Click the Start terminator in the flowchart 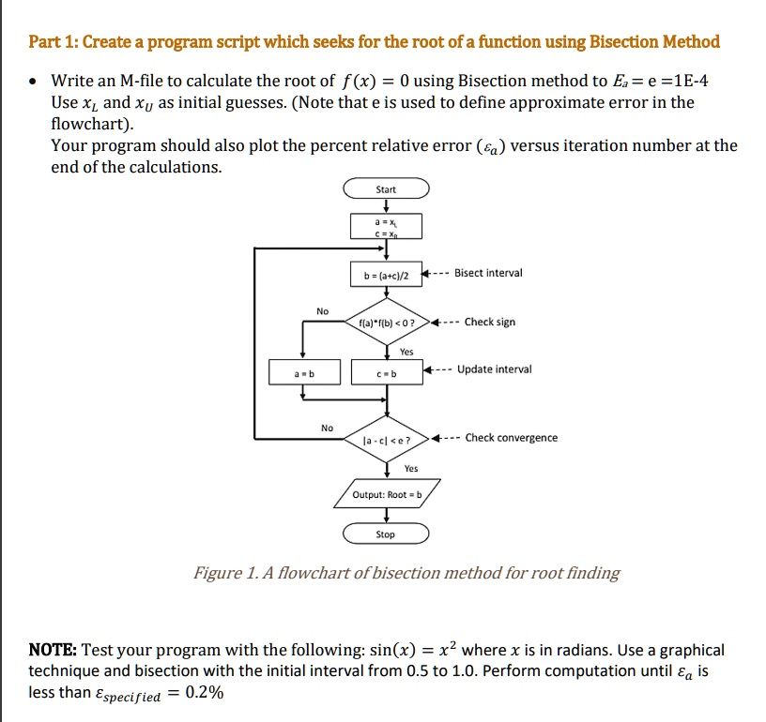coord(386,189)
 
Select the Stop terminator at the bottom coord(386,534)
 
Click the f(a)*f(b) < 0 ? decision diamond coord(386,323)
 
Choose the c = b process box coord(386,373)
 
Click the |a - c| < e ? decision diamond coord(386,438)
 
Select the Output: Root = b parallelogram coord(386,493)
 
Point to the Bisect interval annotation coord(488,273)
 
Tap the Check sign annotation coord(490,322)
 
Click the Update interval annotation coord(494,369)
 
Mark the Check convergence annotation coord(511,437)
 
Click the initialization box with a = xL coord(386,226)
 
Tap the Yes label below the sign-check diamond coord(406,352)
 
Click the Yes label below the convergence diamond coord(411,468)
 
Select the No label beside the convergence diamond coord(327,428)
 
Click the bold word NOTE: coord(54,650)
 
